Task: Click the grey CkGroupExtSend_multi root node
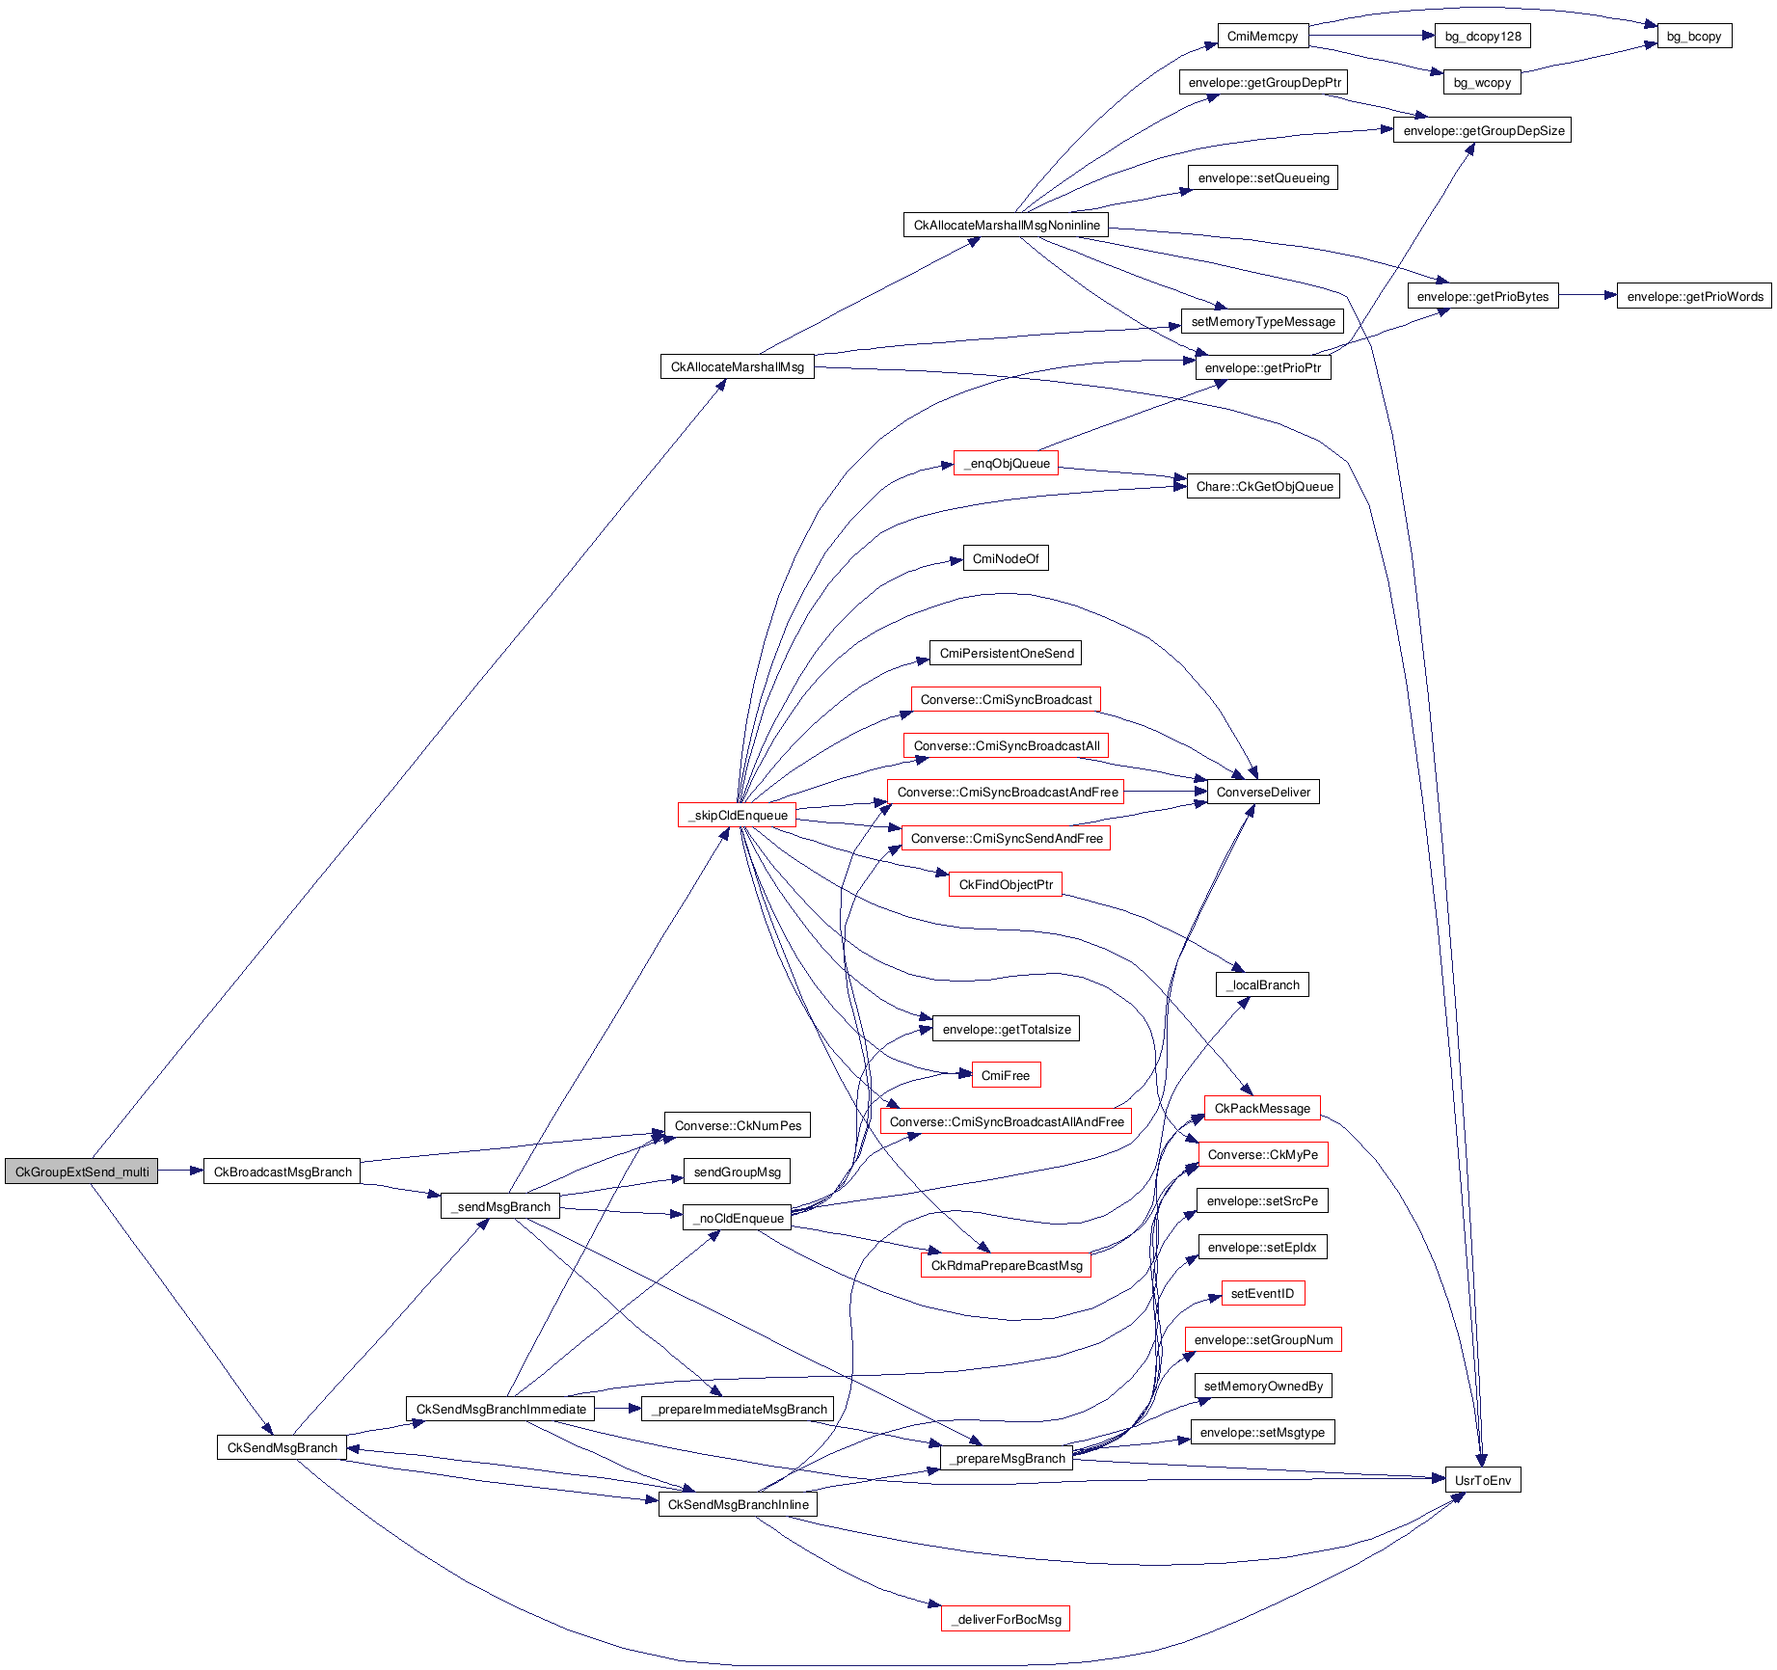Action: pos(82,1172)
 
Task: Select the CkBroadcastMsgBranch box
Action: pos(282,1172)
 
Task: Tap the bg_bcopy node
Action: pos(1693,37)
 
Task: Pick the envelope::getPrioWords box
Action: pos(1694,297)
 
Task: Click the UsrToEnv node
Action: pos(1482,1480)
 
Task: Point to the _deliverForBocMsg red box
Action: pos(1006,1619)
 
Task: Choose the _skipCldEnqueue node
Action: pos(738,815)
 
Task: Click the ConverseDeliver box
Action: pos(1263,792)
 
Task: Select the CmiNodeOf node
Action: pos(1006,558)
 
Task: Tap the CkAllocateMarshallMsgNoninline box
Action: pos(1006,225)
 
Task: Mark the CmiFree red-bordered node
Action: pos(1006,1075)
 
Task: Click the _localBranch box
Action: pos(1263,984)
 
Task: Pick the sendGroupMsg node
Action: pos(737,1172)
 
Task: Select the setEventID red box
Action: pos(1263,1293)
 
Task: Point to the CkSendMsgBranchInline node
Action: pos(738,1504)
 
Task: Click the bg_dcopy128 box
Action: pos(1482,37)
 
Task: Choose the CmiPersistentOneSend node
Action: pos(1006,653)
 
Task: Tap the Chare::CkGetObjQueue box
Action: pos(1263,486)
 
